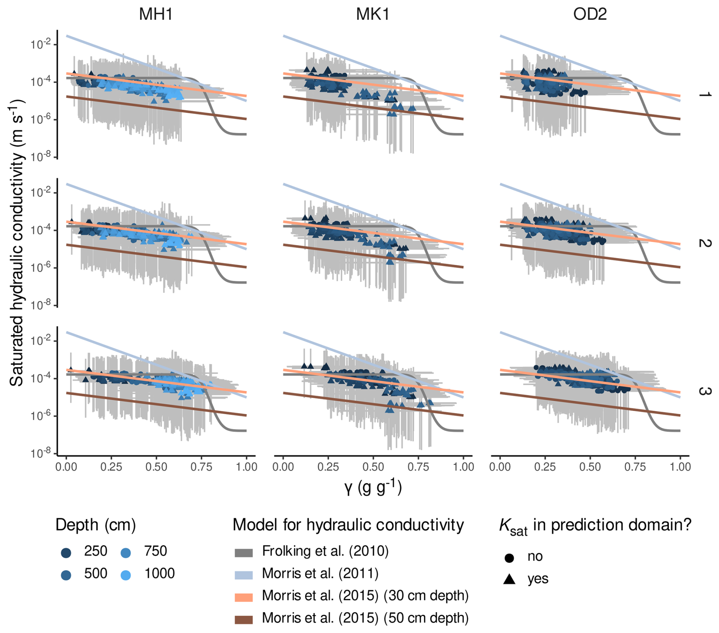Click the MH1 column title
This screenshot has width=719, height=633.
point(156,14)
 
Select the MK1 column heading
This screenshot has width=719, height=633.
point(373,14)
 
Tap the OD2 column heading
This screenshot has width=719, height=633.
point(590,14)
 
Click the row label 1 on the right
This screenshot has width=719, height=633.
point(704,94)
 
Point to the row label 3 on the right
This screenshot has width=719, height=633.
point(704,391)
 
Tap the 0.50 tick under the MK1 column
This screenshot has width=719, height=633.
point(373,467)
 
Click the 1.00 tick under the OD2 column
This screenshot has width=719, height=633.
point(680,467)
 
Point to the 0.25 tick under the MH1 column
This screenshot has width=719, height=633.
point(111,467)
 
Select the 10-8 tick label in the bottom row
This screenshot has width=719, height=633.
point(40,453)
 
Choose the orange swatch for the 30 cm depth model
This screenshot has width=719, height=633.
point(244,598)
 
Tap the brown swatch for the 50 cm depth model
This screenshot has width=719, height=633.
point(244,620)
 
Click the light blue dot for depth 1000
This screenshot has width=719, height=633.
point(126,575)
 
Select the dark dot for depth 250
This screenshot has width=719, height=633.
point(66,553)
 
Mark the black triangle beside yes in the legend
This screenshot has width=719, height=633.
point(509,579)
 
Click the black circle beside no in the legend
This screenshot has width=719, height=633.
point(509,558)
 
